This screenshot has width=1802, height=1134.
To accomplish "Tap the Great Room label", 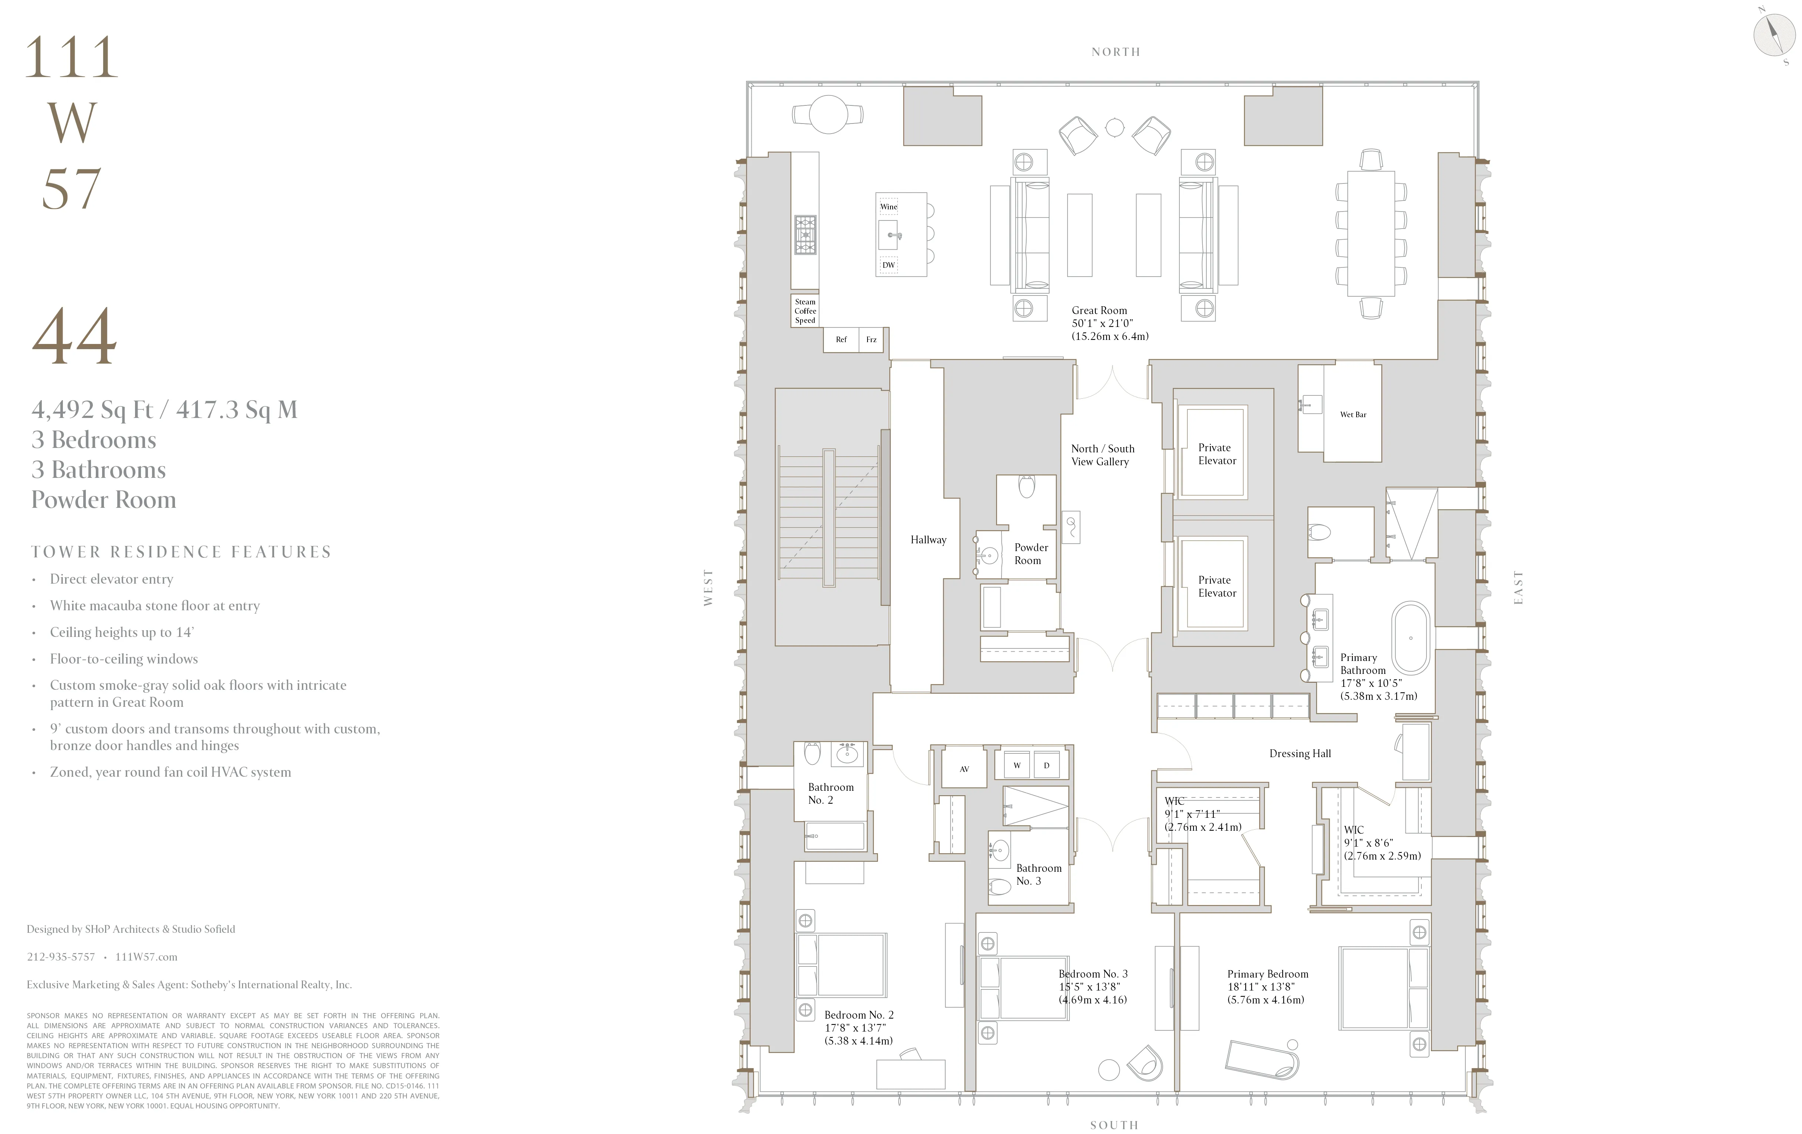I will tap(1099, 310).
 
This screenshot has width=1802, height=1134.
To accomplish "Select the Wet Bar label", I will tap(1352, 414).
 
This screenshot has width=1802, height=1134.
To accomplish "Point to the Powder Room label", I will tap(1030, 554).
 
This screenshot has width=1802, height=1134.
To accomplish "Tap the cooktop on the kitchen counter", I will tap(805, 235).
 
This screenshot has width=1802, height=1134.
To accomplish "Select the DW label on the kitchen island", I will tap(888, 265).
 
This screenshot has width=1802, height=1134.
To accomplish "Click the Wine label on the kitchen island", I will tap(888, 206).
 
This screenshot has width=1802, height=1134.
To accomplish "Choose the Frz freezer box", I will tap(871, 340).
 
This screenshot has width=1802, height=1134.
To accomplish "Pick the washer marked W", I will tap(1016, 765).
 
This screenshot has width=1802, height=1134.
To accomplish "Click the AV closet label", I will tap(964, 769).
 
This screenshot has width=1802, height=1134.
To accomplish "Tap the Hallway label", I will tap(928, 540).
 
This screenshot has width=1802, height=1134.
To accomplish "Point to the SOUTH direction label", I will tap(1114, 1125).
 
